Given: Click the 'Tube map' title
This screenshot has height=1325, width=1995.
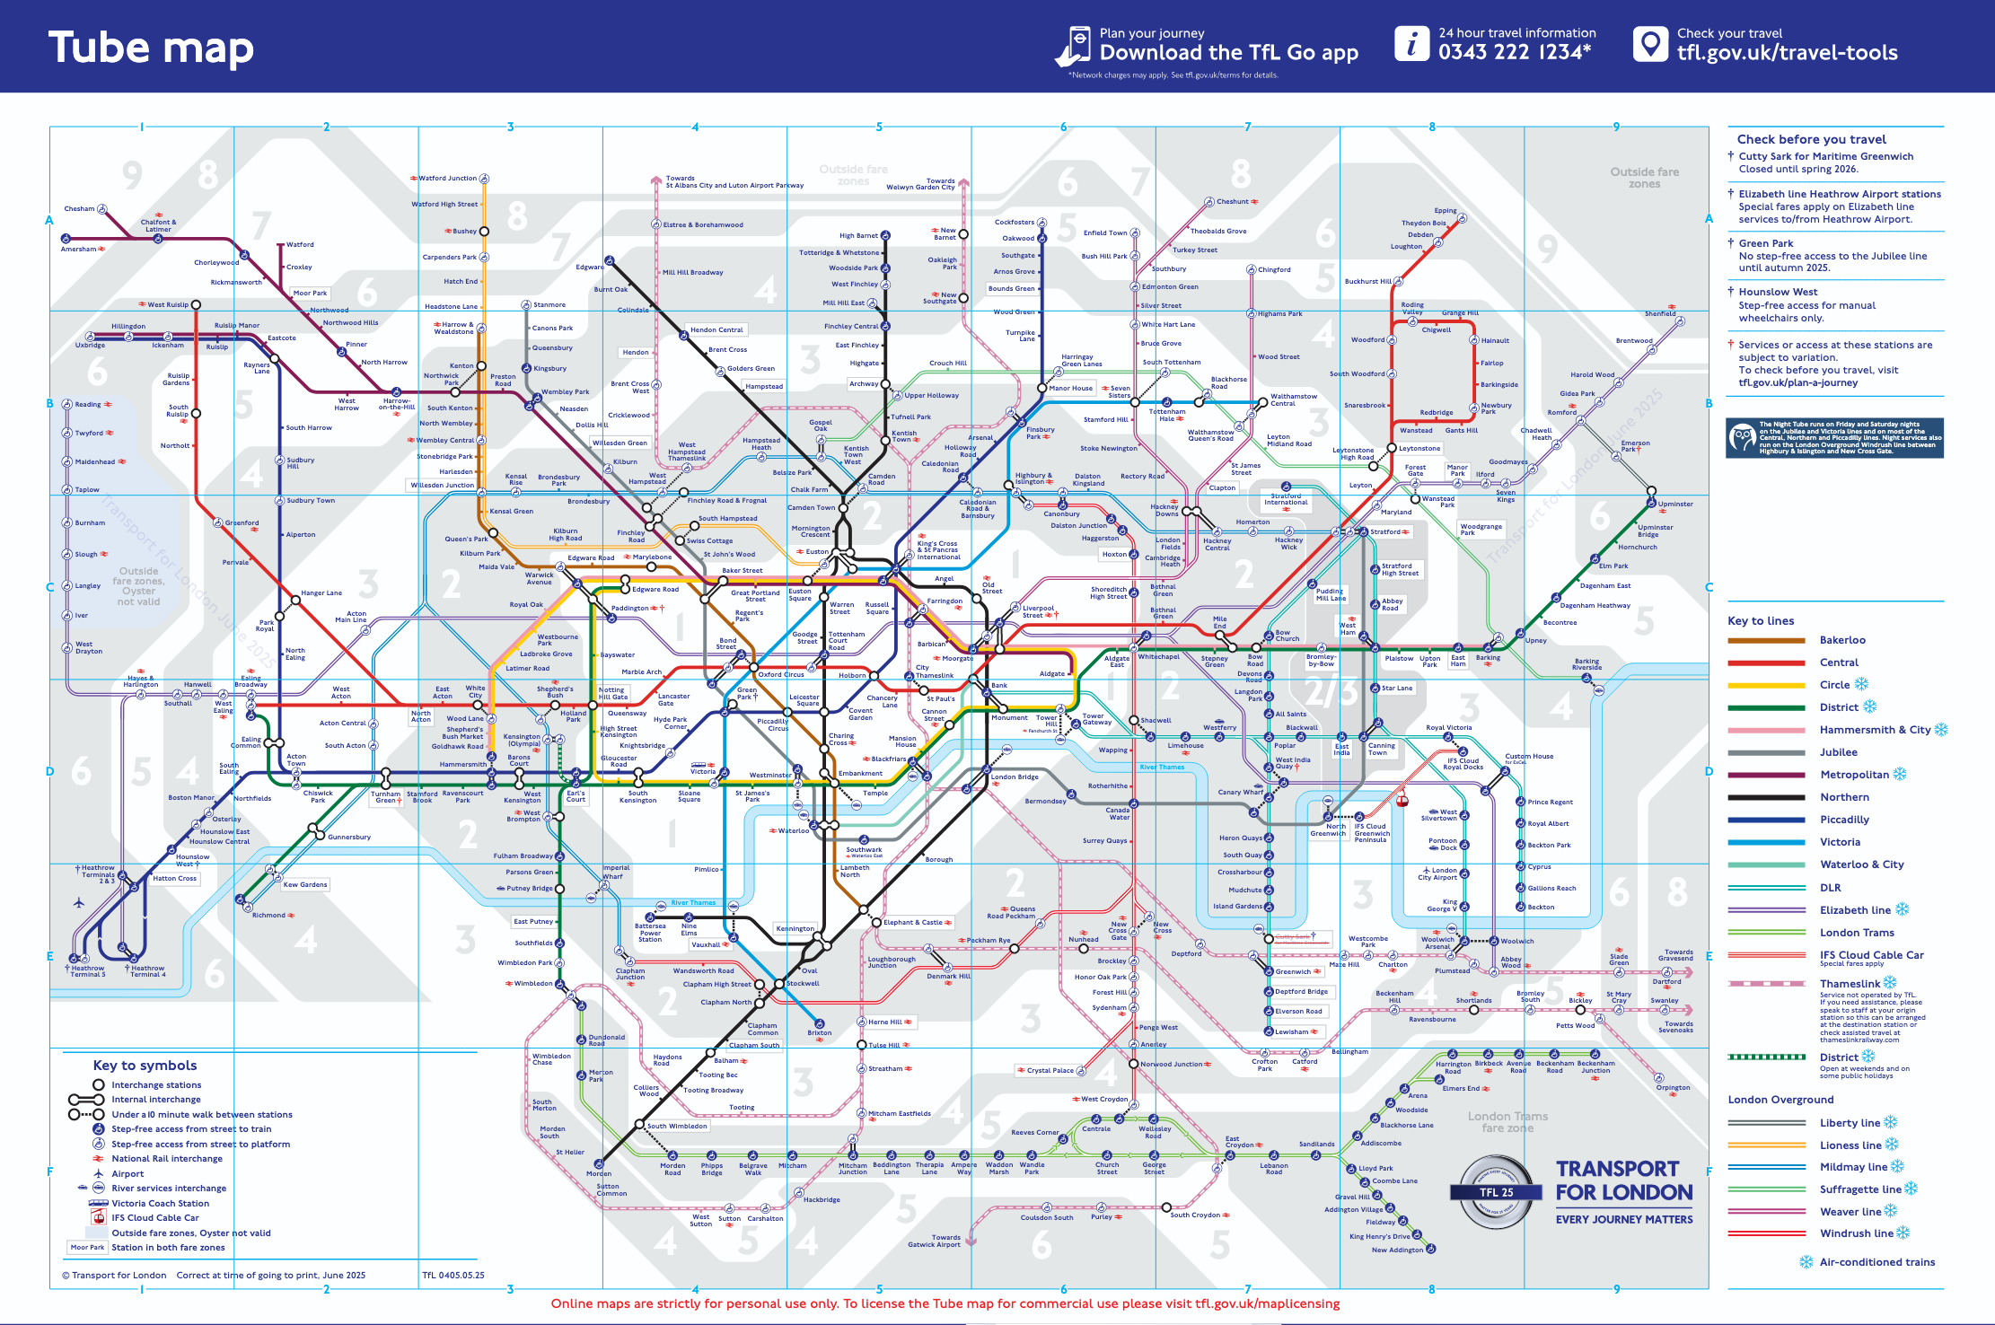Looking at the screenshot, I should [151, 48].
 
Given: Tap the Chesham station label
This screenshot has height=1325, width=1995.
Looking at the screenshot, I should [79, 208].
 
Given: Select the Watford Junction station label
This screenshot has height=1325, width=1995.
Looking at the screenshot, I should [447, 178].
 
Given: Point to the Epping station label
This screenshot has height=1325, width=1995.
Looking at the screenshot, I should [1445, 211].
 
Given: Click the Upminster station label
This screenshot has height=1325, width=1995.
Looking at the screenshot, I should [1675, 504].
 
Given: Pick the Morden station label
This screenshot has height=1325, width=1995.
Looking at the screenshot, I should [598, 1173].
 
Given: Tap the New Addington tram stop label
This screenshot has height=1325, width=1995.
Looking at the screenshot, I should [1397, 1250].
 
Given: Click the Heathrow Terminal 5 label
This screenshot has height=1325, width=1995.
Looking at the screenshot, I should [86, 971].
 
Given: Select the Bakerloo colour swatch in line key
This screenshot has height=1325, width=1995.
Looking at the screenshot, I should [1765, 640].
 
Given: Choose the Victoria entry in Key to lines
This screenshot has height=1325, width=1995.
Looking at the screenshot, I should [1840, 842].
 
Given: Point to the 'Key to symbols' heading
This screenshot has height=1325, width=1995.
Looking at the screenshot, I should [145, 1066].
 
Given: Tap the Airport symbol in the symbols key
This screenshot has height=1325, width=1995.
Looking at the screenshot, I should [99, 1173].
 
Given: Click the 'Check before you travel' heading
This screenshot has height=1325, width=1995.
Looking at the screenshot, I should [1811, 139].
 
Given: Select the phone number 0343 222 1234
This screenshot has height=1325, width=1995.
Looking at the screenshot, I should [1514, 52].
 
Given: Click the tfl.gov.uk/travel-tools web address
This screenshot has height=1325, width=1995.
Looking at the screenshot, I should [1787, 53].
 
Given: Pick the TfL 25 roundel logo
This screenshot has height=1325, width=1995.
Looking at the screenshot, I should [1496, 1192].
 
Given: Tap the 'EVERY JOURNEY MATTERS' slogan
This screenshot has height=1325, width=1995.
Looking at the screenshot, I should [1623, 1219].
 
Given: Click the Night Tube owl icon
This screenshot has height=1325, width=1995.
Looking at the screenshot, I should [1742, 438].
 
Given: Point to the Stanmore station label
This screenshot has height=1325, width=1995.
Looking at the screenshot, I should [549, 304].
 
